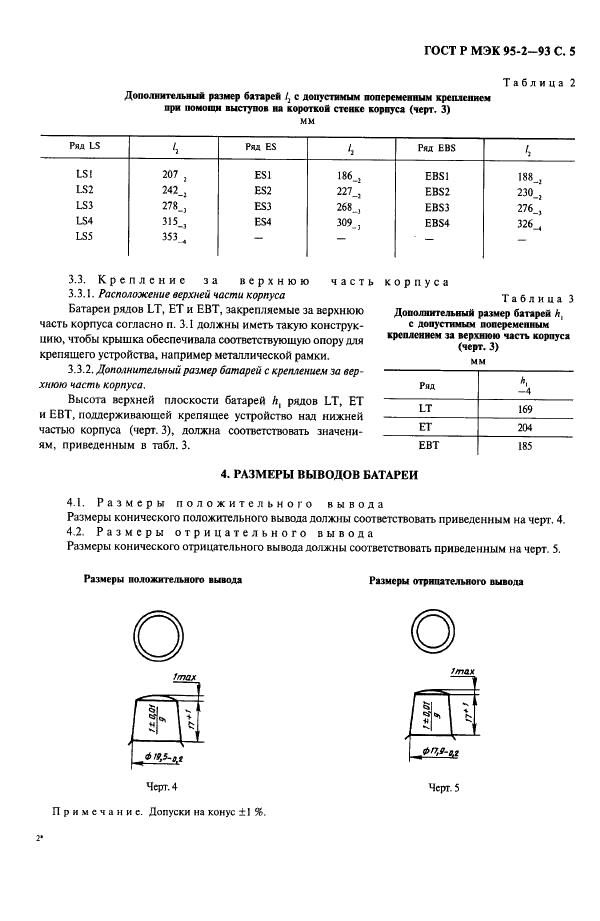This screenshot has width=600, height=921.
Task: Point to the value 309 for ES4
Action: (348, 222)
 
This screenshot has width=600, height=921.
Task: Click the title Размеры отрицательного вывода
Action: (446, 580)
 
